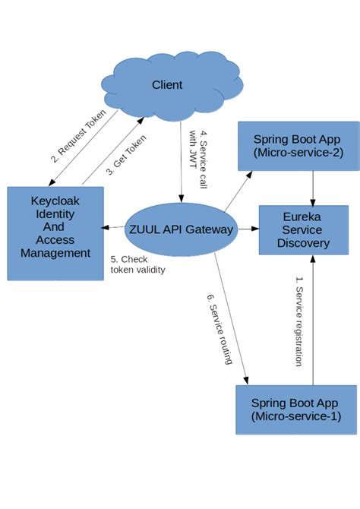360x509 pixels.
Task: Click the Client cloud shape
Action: [166, 85]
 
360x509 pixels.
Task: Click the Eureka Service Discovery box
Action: [303, 229]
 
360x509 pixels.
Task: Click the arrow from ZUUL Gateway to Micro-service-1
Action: [231, 319]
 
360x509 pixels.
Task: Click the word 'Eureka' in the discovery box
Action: [302, 216]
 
